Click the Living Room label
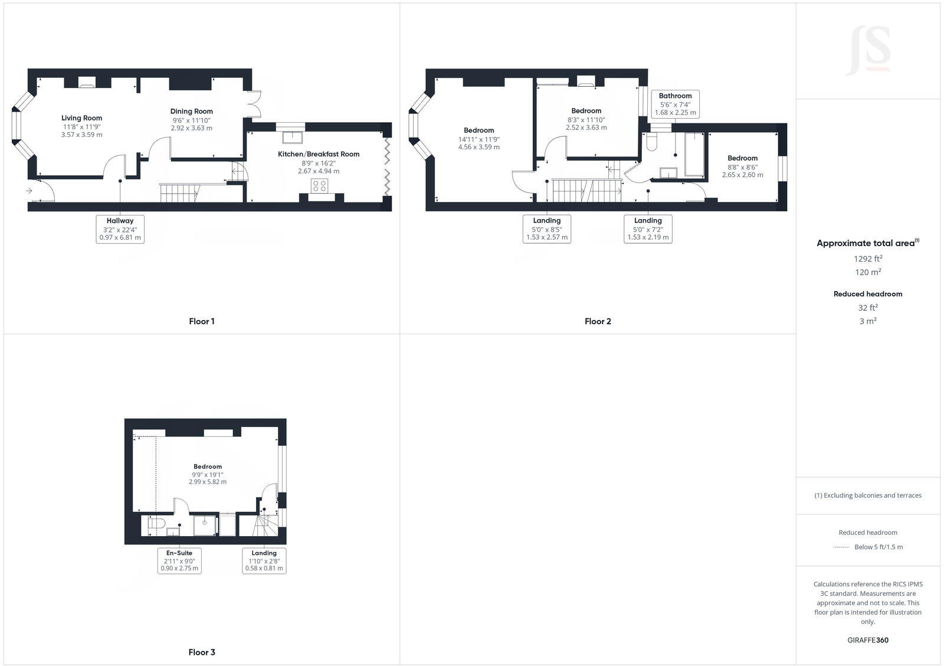(82, 118)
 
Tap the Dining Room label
(192, 111)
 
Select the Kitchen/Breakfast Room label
(319, 154)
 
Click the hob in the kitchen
(320, 186)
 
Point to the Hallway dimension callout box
(120, 229)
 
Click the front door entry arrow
(29, 191)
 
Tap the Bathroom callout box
(675, 104)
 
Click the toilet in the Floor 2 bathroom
(652, 142)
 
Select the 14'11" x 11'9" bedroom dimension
(479, 139)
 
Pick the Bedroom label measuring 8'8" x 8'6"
(742, 158)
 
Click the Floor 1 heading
(202, 321)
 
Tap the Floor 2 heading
(598, 321)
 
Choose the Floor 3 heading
(202, 652)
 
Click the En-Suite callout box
(179, 561)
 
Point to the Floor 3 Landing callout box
(264, 561)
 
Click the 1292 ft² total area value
(868, 259)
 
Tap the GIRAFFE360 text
(868, 640)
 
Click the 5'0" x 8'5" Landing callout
(547, 229)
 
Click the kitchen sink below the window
(291, 137)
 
